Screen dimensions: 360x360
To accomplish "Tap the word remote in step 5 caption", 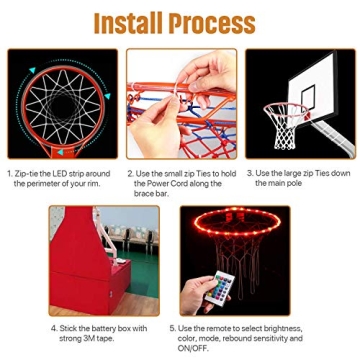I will [x=209, y=326].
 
